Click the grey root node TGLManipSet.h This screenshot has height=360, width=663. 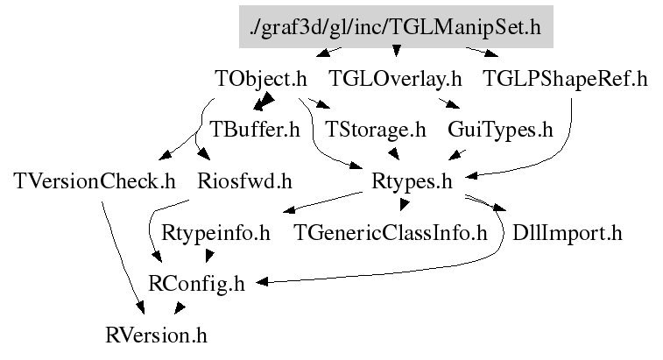396,27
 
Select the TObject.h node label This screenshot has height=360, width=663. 260,79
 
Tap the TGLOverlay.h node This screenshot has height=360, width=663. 394,79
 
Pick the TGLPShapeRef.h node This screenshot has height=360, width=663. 565,79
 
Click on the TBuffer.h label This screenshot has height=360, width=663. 255,131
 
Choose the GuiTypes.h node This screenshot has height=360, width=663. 500,131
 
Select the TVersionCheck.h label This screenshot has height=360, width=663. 95,182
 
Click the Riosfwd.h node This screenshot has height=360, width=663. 244,182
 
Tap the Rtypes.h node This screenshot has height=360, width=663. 412,182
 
